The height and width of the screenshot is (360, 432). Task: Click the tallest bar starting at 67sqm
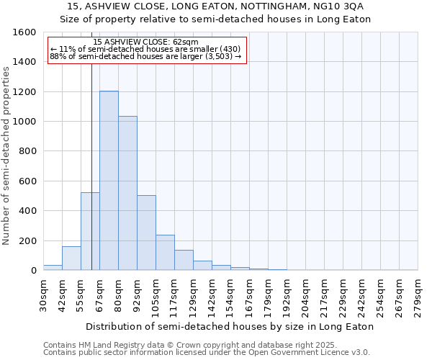pos(109,181)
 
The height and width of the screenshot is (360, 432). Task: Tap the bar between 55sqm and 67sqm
pos(90,231)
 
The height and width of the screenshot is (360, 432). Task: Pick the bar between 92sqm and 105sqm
pos(146,233)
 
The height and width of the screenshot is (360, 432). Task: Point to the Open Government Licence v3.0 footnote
pos(207,353)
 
